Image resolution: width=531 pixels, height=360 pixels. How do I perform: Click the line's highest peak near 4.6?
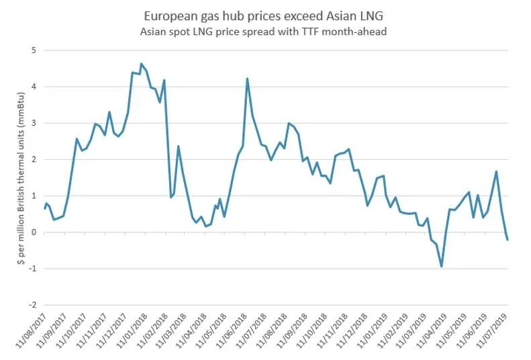(x=141, y=64)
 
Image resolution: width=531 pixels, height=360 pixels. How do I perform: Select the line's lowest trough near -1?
(x=442, y=267)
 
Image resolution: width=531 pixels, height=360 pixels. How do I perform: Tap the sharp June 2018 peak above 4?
(x=247, y=79)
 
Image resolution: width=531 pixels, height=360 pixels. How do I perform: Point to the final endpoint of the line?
(x=508, y=240)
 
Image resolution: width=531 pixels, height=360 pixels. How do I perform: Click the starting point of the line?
(x=44, y=209)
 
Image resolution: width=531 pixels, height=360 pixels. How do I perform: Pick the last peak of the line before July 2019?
(x=496, y=171)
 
